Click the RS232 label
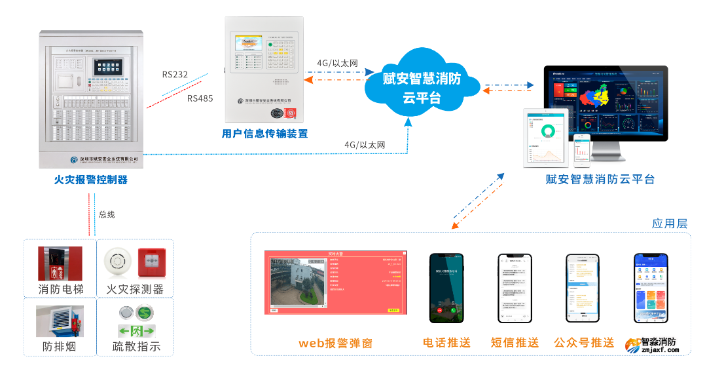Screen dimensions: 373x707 [x=175, y=75]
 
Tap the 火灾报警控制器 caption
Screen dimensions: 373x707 [x=90, y=180]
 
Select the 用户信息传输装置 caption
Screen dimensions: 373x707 [x=264, y=134]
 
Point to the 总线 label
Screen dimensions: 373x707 [x=107, y=214]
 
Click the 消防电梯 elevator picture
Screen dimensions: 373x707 [x=60, y=264]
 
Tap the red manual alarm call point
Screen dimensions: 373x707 [x=151, y=262]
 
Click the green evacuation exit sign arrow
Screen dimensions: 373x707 [x=136, y=330]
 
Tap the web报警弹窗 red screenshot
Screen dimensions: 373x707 [x=336, y=283]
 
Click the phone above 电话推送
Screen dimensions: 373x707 [x=446, y=288]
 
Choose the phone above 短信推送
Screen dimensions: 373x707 [x=515, y=288]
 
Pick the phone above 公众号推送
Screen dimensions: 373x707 [x=583, y=288]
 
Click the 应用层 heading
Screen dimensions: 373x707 [x=669, y=224]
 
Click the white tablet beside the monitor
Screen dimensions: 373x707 [x=549, y=138]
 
